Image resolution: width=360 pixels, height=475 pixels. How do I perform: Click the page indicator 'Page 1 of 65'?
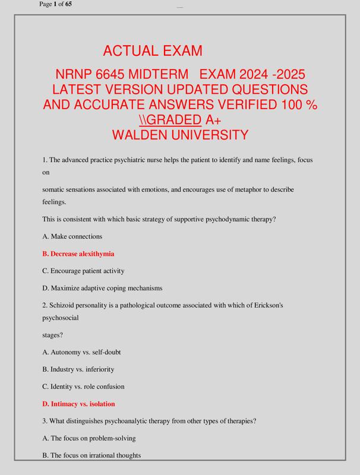(x=56, y=5)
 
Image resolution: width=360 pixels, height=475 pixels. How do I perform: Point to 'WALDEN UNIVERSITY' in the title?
(x=180, y=135)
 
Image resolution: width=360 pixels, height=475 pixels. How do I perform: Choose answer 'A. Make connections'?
(x=72, y=236)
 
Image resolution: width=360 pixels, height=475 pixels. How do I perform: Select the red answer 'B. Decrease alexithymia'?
(x=78, y=254)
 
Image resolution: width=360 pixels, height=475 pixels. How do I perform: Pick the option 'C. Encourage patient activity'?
(x=84, y=271)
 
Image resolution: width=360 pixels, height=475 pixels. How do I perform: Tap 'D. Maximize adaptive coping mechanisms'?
(x=102, y=288)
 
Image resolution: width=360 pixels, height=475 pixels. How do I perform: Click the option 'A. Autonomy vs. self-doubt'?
(x=82, y=352)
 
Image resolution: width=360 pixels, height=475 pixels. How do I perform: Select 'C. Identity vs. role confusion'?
(x=84, y=387)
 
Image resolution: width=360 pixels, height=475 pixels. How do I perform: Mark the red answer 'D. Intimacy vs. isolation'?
(x=79, y=404)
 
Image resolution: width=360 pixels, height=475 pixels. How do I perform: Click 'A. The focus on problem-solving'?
(x=89, y=438)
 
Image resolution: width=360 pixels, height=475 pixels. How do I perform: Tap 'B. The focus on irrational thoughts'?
(x=91, y=455)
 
